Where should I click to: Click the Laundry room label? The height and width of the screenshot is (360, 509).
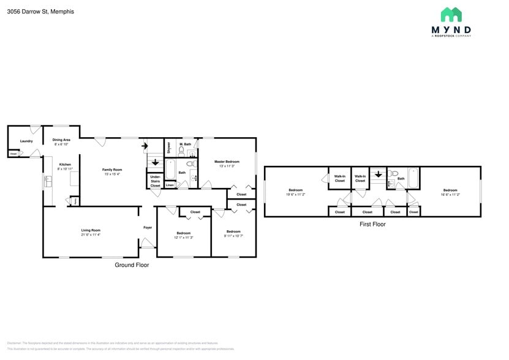click(x=26, y=141)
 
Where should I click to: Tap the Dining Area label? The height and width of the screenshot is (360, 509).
click(x=61, y=140)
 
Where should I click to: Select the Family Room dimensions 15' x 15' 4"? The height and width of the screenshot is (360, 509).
click(x=111, y=174)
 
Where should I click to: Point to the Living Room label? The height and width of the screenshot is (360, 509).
click(x=91, y=230)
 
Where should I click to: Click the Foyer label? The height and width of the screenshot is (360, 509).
click(x=148, y=228)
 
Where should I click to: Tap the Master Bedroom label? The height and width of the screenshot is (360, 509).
click(x=226, y=162)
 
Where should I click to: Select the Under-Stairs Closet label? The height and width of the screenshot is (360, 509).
click(x=155, y=181)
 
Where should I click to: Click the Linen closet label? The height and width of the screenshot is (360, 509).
click(x=170, y=184)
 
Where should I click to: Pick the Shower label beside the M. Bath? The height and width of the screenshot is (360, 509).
click(x=169, y=148)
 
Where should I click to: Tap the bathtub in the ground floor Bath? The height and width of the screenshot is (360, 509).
click(x=171, y=169)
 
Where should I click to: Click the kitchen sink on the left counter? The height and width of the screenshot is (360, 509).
click(x=47, y=181)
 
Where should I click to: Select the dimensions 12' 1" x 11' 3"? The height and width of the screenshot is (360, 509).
click(x=184, y=238)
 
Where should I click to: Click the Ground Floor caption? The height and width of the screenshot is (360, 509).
click(x=132, y=265)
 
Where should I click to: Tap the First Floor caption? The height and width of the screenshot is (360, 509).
click(x=372, y=224)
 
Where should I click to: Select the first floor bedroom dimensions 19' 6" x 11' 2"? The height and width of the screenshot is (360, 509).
click(x=296, y=194)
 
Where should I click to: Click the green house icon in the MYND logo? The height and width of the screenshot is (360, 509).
click(x=451, y=15)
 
